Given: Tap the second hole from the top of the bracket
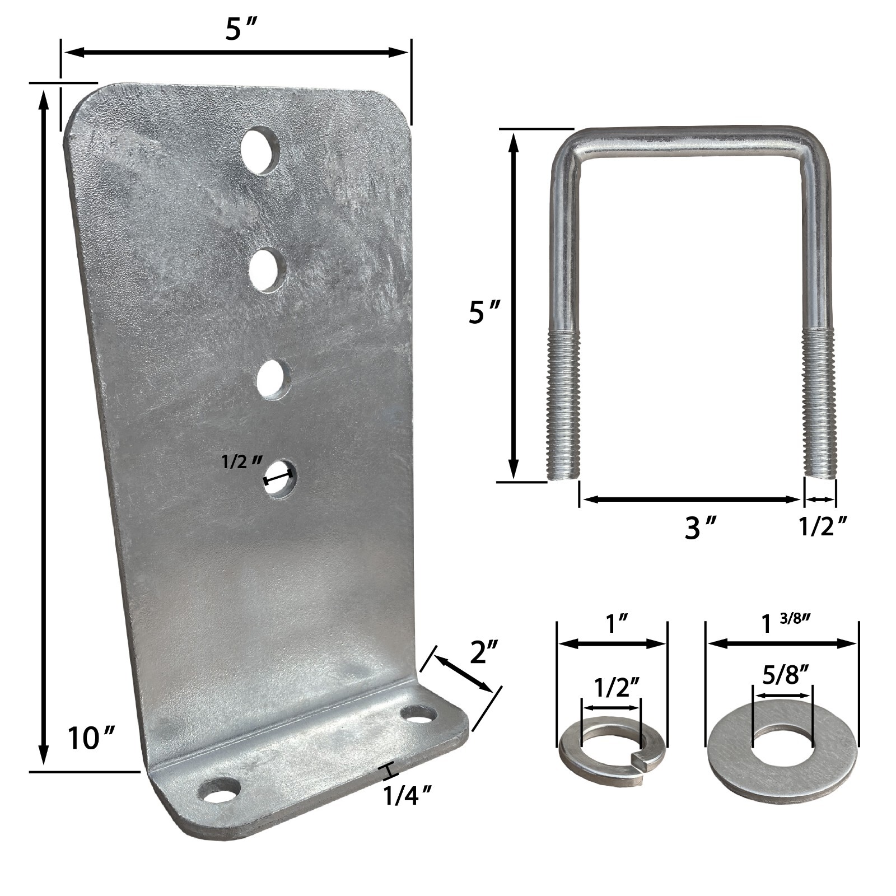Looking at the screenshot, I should pos(267,270).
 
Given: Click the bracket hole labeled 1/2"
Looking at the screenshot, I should pos(280,479).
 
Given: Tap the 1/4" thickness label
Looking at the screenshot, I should pos(407,795).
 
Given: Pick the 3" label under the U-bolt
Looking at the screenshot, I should pos(701,526).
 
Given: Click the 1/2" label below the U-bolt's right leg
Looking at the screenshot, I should pos(822,526).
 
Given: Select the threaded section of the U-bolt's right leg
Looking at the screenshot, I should pos(819,400).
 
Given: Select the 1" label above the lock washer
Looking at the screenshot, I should pos(612,623).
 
